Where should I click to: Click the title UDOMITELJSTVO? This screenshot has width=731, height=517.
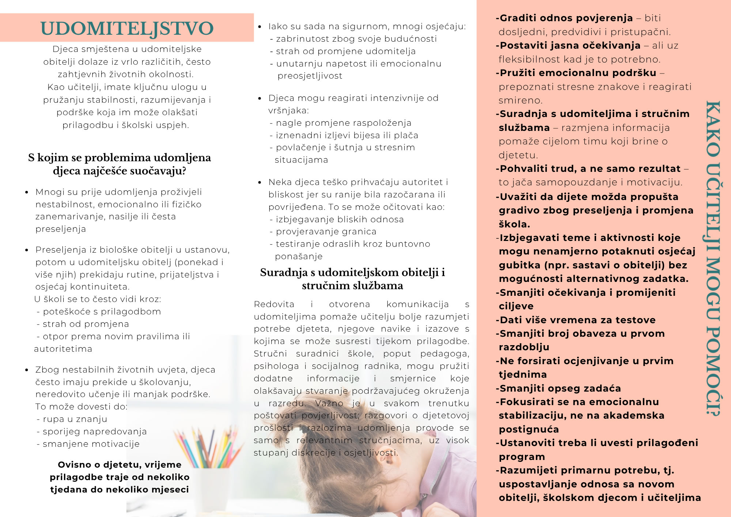click(127, 29)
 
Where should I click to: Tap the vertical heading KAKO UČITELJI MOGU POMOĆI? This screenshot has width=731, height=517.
click(712, 258)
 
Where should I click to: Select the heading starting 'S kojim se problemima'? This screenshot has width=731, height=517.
click(120, 164)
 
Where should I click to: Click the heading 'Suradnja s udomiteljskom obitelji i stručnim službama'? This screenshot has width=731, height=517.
click(352, 279)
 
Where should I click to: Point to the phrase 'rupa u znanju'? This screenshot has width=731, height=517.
click(75, 419)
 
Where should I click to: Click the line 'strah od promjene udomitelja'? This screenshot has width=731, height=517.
click(346, 51)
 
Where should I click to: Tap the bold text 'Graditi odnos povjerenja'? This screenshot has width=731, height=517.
click(566, 18)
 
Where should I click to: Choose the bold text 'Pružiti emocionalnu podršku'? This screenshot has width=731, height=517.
click(578, 73)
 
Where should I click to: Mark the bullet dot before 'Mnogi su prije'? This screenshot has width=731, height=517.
click(27, 192)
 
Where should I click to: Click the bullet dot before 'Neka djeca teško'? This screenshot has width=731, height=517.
click(260, 182)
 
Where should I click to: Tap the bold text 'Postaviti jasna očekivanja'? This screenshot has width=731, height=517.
click(570, 45)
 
